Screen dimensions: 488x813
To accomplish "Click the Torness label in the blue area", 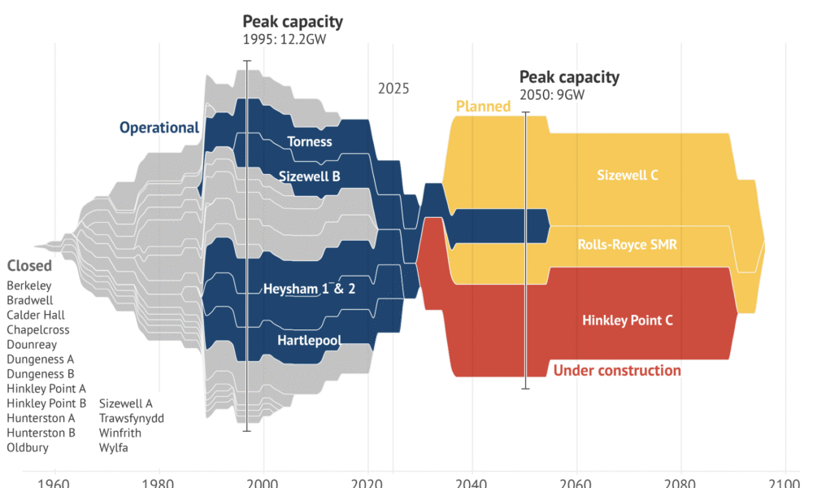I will click(x=310, y=142).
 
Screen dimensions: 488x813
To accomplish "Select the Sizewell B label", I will click(x=309, y=176).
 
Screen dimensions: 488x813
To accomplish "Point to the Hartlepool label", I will click(x=309, y=339).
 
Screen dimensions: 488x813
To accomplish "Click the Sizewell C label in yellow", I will click(x=627, y=174).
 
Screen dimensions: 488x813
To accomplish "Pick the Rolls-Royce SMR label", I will click(x=628, y=244).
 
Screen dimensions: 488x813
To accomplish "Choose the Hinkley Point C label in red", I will click(x=628, y=320).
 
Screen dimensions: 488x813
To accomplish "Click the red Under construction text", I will click(x=617, y=371).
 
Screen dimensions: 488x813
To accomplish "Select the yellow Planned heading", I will click(x=483, y=107).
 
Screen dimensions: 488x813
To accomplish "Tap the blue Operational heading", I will click(x=159, y=128).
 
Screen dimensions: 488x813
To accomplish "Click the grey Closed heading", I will click(x=29, y=266).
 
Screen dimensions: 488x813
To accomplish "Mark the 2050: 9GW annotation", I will click(x=552, y=94).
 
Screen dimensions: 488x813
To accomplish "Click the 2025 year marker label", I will click(x=393, y=89).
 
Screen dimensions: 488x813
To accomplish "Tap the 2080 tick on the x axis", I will click(x=680, y=481).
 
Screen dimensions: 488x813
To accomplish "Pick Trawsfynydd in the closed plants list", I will click(x=132, y=418).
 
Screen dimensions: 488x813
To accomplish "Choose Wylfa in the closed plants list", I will click(x=114, y=447).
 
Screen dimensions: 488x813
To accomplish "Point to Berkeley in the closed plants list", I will click(x=29, y=285).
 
